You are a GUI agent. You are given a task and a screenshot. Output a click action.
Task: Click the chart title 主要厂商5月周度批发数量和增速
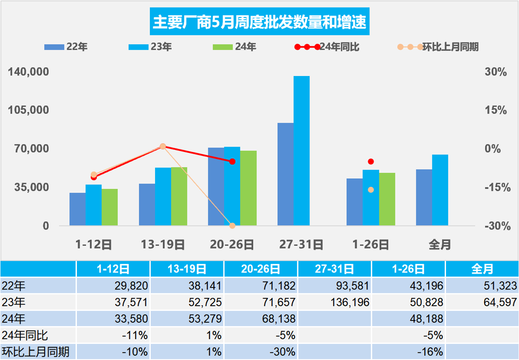click(x=259, y=22)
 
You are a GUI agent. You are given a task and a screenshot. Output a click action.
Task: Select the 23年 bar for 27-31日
click(x=302, y=151)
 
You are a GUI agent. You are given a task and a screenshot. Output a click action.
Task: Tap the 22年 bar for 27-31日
click(x=285, y=174)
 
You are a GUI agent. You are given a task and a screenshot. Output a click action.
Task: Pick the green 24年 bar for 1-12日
click(x=110, y=207)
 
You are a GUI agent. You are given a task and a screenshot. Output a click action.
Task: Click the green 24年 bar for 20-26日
click(x=248, y=188)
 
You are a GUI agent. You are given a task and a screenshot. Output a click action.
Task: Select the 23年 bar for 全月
click(x=440, y=190)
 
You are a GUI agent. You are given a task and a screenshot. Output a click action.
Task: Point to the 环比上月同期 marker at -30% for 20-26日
click(x=232, y=225)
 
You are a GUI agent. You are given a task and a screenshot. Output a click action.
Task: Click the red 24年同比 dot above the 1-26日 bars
click(x=371, y=161)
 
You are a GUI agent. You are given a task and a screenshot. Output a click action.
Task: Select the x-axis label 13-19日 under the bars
click(x=163, y=245)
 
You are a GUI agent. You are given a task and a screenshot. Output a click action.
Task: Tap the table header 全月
click(x=482, y=269)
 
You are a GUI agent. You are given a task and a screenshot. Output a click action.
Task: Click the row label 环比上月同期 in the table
click(x=36, y=352)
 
